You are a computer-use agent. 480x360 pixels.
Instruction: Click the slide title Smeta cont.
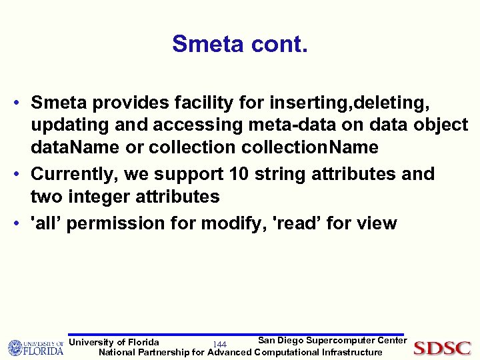pos(240,45)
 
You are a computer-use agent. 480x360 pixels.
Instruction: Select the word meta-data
pos(294,126)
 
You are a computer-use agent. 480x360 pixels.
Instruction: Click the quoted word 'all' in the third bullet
pos(45,223)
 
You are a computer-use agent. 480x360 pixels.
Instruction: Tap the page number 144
pos(220,344)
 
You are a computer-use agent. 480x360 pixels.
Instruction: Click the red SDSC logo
pos(442,348)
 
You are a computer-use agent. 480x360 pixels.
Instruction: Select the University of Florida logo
pos(35,347)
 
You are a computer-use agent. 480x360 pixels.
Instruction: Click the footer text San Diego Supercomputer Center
pos(332,341)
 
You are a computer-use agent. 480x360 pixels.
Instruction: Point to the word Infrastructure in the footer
pos(352,352)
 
